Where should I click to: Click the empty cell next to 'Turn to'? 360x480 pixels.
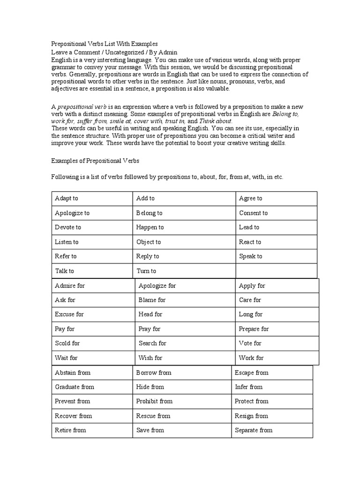276,271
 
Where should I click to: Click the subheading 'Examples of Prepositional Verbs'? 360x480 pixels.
95,161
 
